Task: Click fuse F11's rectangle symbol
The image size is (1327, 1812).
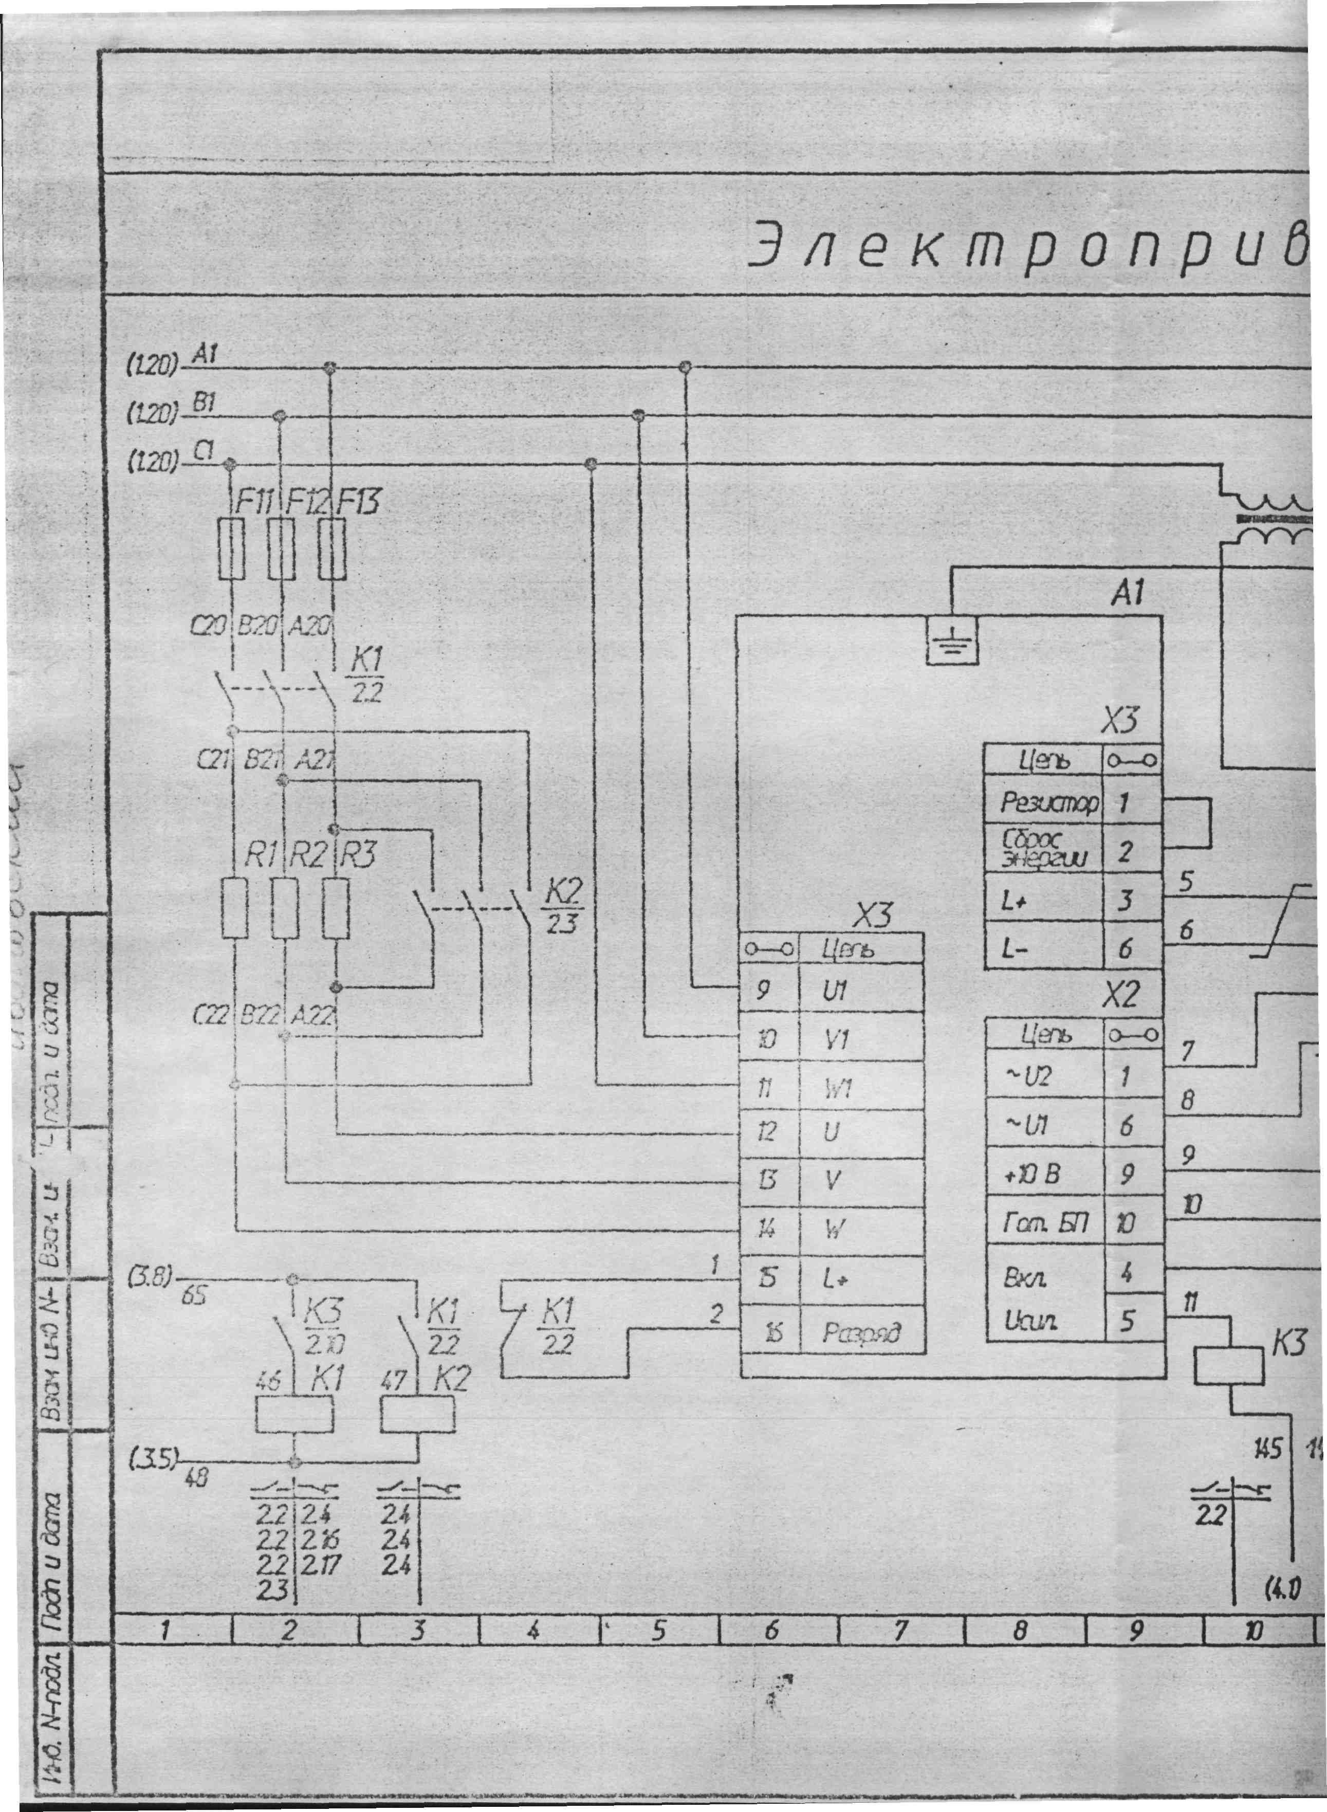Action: [231, 548]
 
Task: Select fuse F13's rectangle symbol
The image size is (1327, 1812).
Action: [333, 548]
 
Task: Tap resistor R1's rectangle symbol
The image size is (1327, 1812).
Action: [234, 908]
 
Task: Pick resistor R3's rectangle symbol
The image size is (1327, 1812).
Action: [336, 908]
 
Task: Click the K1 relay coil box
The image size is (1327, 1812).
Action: [294, 1415]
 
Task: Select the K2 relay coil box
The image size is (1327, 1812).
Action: [417, 1415]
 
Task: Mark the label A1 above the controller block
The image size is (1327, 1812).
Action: [1128, 594]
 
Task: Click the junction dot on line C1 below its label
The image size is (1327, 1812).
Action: [231, 464]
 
